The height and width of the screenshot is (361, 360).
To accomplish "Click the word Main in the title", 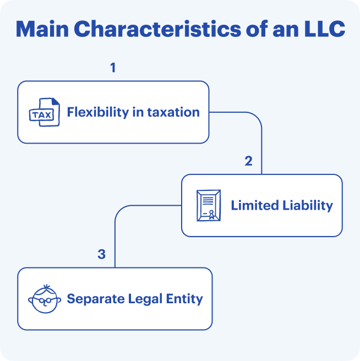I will [x=45, y=30].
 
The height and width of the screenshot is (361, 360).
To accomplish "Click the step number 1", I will [x=113, y=68].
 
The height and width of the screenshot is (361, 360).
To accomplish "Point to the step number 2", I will [x=248, y=161].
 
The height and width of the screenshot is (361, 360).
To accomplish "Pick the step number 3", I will [x=101, y=254].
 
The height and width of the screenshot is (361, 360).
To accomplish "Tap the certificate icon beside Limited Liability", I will [x=208, y=206].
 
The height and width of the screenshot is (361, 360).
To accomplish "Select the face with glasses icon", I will [x=43, y=299].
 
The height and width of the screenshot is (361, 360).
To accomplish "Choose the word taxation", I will [x=174, y=112].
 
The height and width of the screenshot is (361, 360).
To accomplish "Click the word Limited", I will [x=253, y=206].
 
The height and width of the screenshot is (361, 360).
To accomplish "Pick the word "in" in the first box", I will [x=140, y=112].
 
